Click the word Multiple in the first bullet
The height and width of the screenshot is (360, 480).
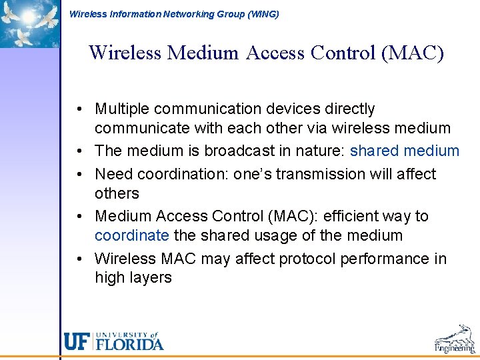tap(124, 109)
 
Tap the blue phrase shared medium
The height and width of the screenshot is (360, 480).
tap(405, 151)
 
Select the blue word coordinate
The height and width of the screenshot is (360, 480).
tap(132, 235)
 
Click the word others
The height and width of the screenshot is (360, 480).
tap(117, 193)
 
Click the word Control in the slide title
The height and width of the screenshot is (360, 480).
tap(338, 52)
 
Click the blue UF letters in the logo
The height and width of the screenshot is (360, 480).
tap(77, 341)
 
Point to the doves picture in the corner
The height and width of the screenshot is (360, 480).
tap(29, 23)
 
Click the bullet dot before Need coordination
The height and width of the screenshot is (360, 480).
tap(79, 174)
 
